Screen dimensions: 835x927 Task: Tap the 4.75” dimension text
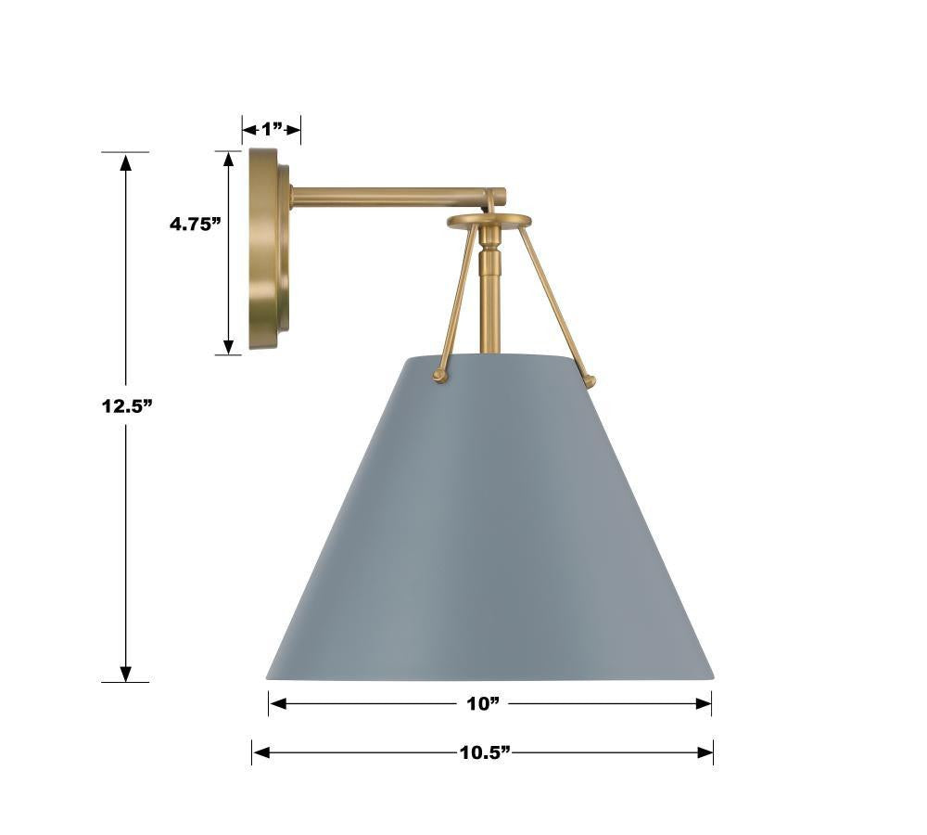tap(196, 223)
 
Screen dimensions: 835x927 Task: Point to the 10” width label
tap(483, 704)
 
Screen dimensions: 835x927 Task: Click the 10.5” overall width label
tap(485, 752)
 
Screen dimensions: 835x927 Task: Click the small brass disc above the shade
tap(489, 221)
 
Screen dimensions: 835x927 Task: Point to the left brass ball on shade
tap(440, 376)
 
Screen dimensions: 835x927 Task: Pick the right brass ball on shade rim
tap(590, 380)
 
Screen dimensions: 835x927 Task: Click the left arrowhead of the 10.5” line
tap(261, 752)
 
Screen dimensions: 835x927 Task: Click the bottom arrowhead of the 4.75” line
tap(228, 345)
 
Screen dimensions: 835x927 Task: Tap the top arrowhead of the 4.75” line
tap(228, 161)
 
